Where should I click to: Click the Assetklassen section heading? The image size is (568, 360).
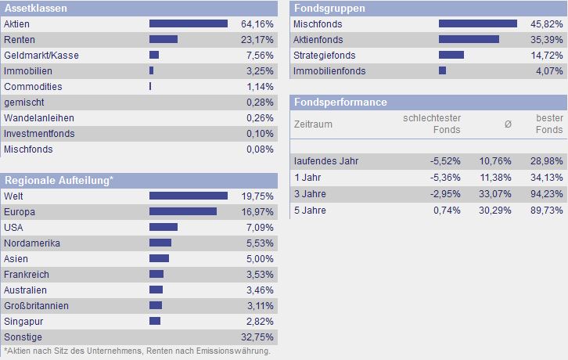click(35, 9)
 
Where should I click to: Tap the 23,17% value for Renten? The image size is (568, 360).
click(257, 40)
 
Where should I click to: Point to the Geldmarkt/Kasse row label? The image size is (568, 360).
click(41, 56)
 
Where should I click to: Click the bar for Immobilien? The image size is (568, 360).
click(152, 71)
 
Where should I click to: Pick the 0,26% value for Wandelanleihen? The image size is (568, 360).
click(260, 118)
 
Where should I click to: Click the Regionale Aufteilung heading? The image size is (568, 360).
click(59, 181)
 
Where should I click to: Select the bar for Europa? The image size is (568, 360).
click(183, 212)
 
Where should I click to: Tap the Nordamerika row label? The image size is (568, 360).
click(32, 243)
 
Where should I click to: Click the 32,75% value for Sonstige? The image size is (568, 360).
click(257, 337)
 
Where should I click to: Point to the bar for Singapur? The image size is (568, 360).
click(155, 322)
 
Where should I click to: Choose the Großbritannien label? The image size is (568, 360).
click(36, 306)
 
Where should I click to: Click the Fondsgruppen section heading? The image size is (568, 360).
click(329, 9)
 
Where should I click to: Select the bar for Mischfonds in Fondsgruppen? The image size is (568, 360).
click(478, 24)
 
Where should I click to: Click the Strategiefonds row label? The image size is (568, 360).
click(324, 56)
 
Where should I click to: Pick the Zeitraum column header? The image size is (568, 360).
click(313, 124)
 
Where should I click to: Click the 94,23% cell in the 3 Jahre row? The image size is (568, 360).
click(546, 193)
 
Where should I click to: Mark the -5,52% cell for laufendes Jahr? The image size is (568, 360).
click(445, 160)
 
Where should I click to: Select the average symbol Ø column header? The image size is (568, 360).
click(508, 124)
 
